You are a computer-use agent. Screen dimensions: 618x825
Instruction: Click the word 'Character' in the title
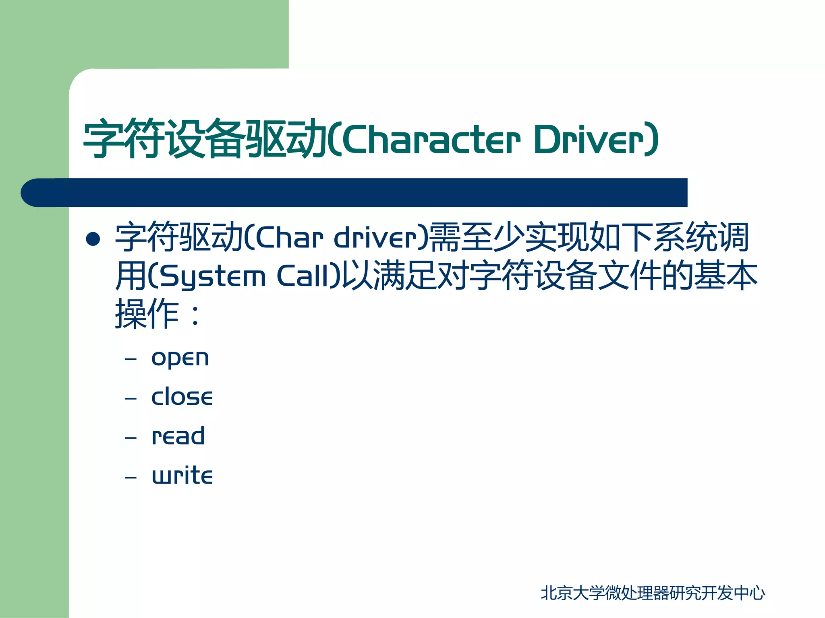point(431,139)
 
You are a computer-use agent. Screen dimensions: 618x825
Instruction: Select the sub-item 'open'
point(180,358)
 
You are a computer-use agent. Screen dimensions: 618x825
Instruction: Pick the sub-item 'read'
point(178,436)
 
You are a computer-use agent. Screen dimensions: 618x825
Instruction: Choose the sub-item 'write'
point(182,475)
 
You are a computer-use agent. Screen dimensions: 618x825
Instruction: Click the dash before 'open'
point(131,359)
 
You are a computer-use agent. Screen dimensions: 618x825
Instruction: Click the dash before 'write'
point(131,477)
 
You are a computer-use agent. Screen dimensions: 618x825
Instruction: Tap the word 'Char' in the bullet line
point(289,238)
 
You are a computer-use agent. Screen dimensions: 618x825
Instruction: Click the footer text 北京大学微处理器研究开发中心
point(652,593)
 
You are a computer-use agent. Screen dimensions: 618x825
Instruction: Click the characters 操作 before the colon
point(147,314)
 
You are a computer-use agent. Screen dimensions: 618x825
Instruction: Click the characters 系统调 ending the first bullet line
point(701,237)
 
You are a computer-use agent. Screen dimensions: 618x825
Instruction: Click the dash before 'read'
point(131,438)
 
